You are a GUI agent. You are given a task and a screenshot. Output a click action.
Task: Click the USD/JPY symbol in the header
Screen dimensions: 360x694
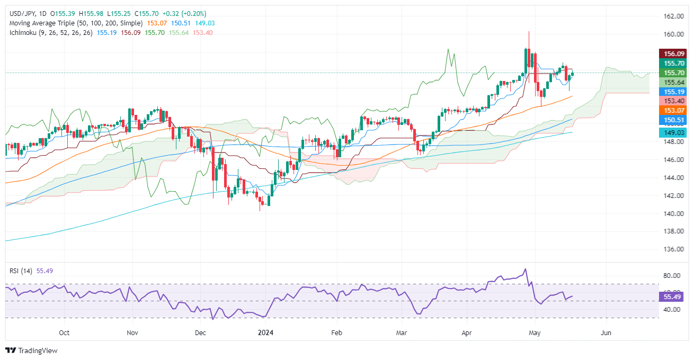pyautogui.click(x=23, y=13)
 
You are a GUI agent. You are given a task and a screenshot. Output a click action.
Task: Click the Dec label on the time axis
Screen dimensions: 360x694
pyautogui.click(x=200, y=333)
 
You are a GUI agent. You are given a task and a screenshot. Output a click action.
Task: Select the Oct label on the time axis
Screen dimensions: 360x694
pyautogui.click(x=64, y=333)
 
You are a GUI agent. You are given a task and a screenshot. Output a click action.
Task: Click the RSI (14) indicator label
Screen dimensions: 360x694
pyautogui.click(x=21, y=271)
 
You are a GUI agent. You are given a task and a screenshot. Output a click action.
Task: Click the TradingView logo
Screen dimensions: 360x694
pyautogui.click(x=31, y=350)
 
